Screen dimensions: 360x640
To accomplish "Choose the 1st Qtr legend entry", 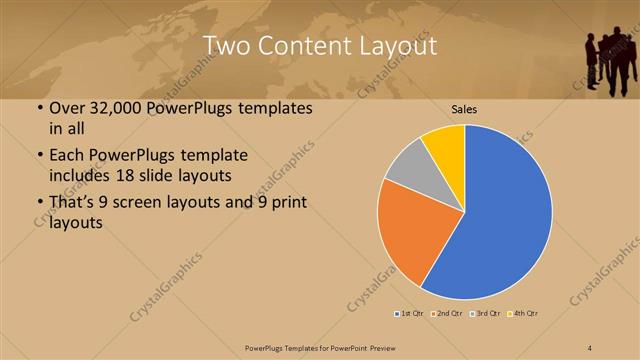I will coord(410,314).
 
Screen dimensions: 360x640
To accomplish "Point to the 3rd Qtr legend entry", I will coord(485,314).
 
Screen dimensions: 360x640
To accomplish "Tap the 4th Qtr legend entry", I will coord(523,314).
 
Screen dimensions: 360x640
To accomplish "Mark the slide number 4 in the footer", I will coord(590,347).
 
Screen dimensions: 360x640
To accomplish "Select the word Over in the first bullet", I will coord(69,108).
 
